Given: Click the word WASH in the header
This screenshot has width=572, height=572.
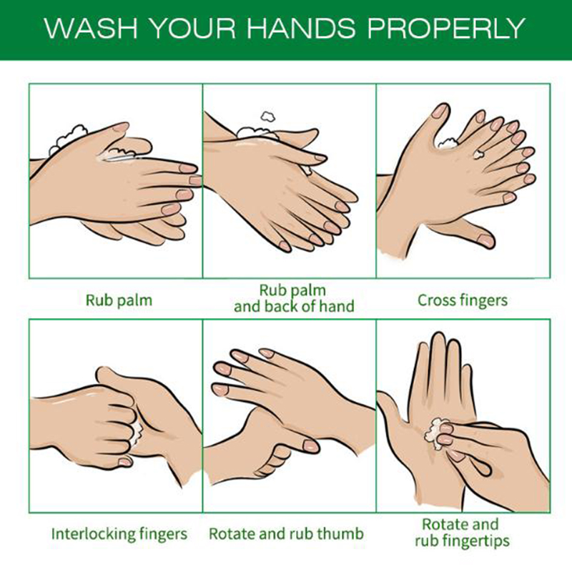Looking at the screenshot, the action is (x=91, y=28).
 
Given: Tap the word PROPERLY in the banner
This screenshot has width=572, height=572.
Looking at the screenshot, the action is (x=446, y=28).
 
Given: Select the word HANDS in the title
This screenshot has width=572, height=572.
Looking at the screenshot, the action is (x=300, y=28).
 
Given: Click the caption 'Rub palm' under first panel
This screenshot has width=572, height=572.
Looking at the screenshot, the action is (x=119, y=300).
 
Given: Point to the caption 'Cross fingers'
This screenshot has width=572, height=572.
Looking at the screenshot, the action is (x=463, y=300).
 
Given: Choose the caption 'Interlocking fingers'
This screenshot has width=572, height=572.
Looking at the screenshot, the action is (x=119, y=533).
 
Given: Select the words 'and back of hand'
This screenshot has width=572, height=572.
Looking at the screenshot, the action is (x=294, y=307).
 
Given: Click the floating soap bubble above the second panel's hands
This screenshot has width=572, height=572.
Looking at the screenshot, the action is (x=267, y=117).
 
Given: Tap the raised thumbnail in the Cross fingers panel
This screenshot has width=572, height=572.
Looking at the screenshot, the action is (x=440, y=111).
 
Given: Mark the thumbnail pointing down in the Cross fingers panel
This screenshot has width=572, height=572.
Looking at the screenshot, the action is (x=485, y=240).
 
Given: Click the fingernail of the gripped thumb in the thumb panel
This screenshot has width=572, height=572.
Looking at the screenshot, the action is (x=311, y=445).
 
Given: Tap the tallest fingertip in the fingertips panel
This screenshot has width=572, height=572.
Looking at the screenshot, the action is (x=438, y=337).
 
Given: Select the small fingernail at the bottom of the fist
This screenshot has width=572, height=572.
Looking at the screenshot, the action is (x=124, y=462).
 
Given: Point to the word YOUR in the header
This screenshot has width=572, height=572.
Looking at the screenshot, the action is (x=193, y=28).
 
